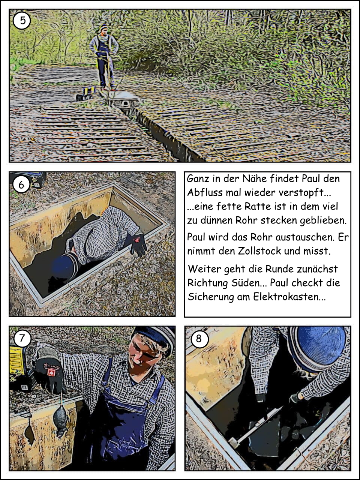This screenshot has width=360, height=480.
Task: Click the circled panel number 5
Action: coord(22,20)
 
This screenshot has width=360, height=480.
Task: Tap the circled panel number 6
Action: coord(21,184)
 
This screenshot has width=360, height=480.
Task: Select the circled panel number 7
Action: coord(22,338)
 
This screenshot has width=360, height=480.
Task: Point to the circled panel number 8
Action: coord(199,339)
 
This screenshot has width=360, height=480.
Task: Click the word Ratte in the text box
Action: coord(253,206)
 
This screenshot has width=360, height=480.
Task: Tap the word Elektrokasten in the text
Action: coord(289,297)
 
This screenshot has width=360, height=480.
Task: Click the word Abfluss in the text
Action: coord(204,192)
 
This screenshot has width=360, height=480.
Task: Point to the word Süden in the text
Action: coord(247,283)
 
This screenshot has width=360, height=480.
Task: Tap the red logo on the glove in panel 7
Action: coord(51,371)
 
